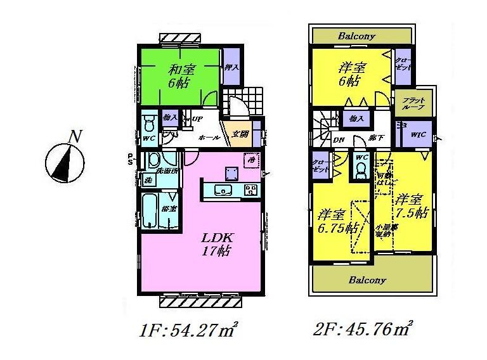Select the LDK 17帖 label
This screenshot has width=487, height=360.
pos(219,245)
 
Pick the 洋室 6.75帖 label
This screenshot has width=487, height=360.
pos(336,221)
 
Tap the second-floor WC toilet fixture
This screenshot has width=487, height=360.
pos(361,169)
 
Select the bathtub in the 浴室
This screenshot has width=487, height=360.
pos(149,212)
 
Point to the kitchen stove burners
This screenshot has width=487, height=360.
pos(250,190)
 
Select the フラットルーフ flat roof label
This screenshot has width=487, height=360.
pos(413,103)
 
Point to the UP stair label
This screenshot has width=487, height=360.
pos(197,119)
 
